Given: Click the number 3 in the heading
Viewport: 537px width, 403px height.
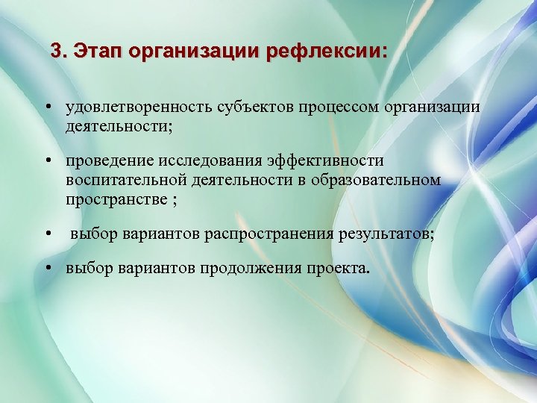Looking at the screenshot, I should click(56, 51).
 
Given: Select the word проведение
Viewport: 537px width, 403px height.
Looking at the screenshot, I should click(109, 160).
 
